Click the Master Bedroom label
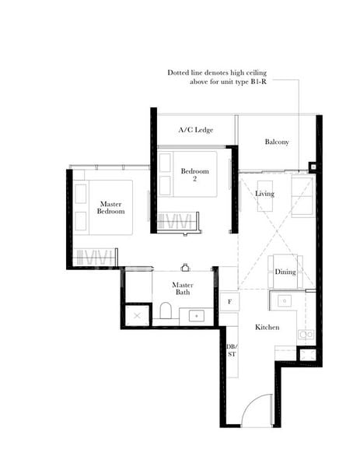point(111,207)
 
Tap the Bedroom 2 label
point(194,174)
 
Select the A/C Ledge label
point(195,130)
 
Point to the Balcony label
point(277,142)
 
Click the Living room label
point(265,194)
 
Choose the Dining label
point(285,272)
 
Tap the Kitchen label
point(267,328)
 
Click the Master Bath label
point(183,289)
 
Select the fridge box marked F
point(229,300)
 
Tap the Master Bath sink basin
point(196,315)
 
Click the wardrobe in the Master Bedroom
point(96,257)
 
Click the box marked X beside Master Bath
point(137,315)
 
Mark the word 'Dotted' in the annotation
point(180,72)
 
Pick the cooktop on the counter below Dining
point(285,300)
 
